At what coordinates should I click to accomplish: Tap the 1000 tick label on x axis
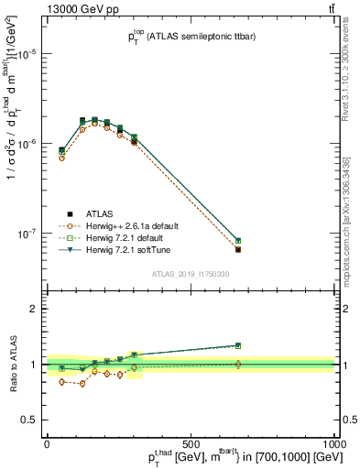pyautogui.click(x=334, y=443)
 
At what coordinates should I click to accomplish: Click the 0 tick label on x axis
pyautogui.click(x=47, y=443)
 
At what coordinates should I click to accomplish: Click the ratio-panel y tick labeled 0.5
pyautogui.click(x=28, y=419)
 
